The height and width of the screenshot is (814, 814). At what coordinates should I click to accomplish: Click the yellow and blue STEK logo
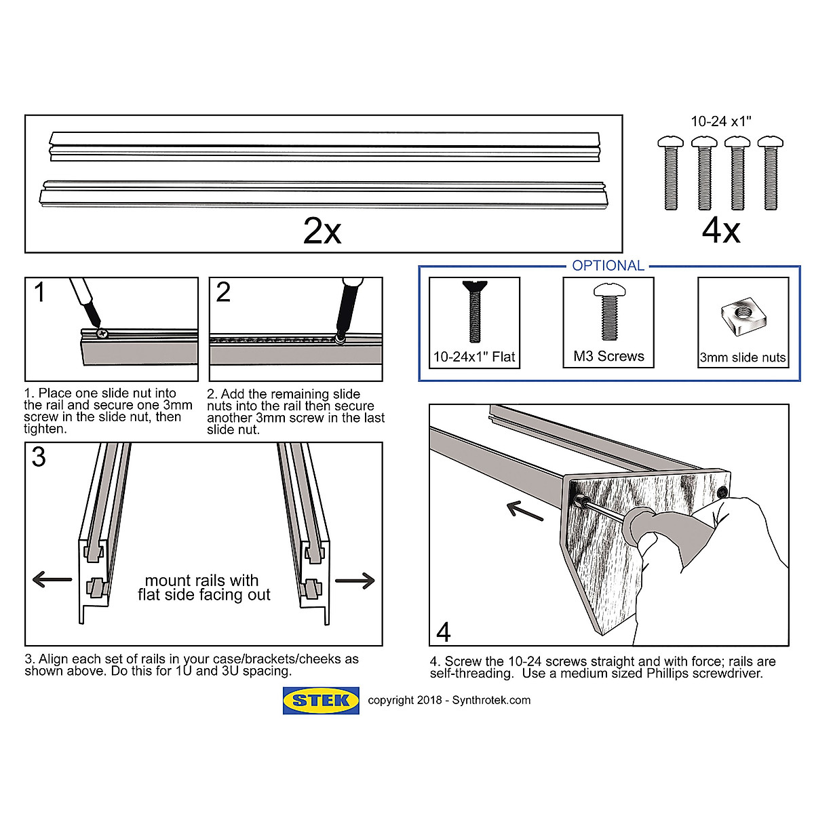point(321,701)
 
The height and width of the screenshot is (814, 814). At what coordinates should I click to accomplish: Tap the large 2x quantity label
point(322,231)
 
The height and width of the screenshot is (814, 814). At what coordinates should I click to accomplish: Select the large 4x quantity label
point(720,231)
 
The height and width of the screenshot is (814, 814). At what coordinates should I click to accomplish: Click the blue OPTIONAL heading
point(608,266)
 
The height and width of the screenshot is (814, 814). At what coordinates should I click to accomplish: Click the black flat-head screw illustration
point(474,311)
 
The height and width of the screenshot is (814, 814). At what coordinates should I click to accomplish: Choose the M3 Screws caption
point(608,356)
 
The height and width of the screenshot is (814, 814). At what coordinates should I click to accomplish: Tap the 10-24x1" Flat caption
point(474,357)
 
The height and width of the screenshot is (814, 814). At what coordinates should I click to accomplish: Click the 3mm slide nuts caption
point(743,357)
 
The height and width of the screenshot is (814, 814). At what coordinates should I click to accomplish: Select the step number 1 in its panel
point(39,293)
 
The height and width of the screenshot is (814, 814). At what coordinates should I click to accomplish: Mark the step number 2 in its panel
point(222,293)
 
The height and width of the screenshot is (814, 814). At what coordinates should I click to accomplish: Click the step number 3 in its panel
point(39,458)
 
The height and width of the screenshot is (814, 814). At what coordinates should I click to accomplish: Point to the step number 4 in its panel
point(444,632)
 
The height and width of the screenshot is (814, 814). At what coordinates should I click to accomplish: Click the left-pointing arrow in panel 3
point(52,579)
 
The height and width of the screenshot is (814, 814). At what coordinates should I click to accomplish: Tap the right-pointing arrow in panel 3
point(355,580)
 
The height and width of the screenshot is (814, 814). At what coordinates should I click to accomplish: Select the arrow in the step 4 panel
point(525,511)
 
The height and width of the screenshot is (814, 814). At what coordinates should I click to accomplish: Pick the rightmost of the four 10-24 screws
point(770,173)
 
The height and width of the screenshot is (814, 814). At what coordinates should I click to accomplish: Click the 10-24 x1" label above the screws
point(720,122)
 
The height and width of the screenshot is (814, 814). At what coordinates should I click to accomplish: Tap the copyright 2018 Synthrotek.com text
point(449,700)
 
